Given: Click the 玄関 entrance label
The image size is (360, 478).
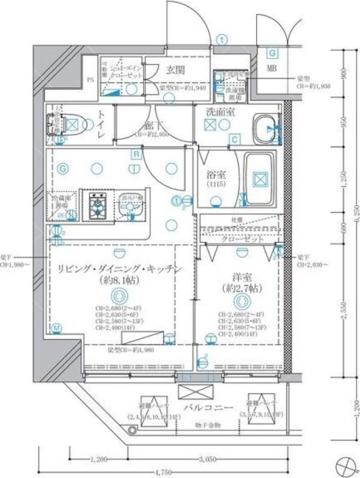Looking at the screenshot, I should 175,70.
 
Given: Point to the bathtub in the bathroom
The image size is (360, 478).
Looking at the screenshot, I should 258,177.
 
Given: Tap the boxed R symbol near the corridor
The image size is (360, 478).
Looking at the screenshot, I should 136,154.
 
